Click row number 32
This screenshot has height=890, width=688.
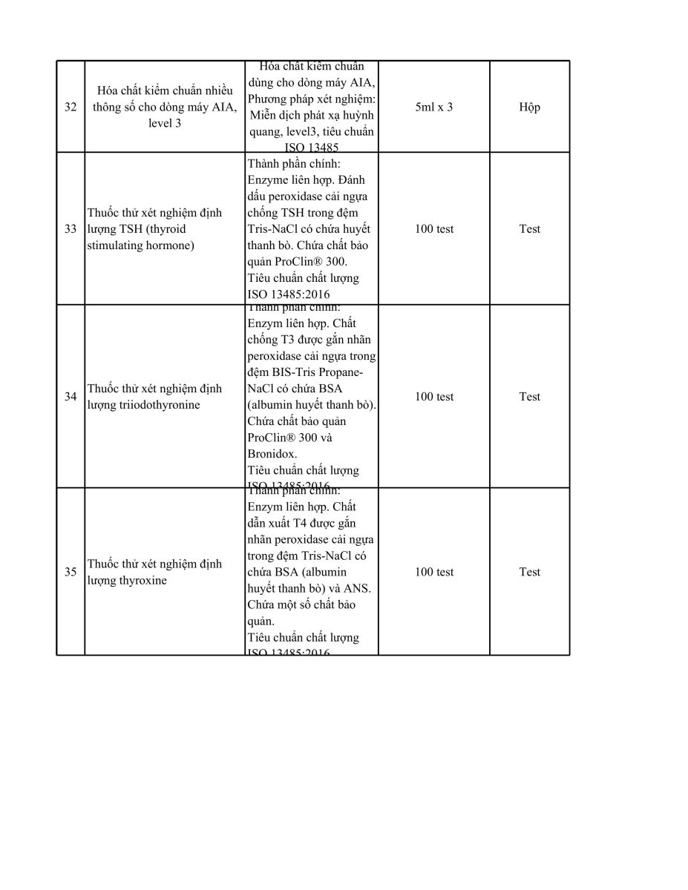71,107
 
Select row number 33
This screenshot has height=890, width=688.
71,229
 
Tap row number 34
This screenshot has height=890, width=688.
71,397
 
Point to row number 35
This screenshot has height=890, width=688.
71,572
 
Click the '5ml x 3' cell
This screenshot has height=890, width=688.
434,107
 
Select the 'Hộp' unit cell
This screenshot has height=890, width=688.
530,107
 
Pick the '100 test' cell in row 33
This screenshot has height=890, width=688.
434,229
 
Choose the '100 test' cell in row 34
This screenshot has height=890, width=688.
434,397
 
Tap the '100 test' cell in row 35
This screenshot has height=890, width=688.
434,572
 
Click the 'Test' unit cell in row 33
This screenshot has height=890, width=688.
530,229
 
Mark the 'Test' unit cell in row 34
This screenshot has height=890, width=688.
530,397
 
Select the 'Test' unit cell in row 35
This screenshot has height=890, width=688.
530,572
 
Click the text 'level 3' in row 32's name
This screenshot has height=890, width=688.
164,123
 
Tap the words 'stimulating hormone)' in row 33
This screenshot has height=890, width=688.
141,245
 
